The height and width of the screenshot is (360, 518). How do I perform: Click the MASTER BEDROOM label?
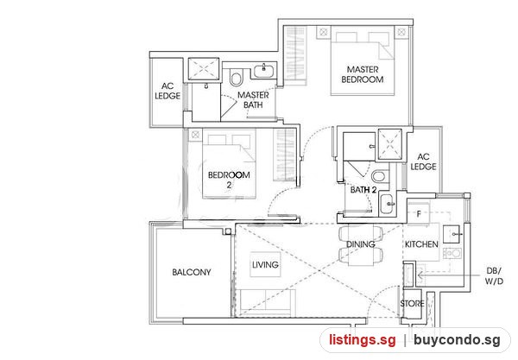pyautogui.click(x=363, y=74)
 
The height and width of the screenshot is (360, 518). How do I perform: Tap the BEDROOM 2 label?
pyautogui.click(x=229, y=180)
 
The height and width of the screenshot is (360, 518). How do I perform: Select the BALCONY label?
pyautogui.click(x=192, y=272)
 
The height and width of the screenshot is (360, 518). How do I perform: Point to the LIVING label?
pyautogui.click(x=265, y=264)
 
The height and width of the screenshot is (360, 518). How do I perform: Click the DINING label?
pyautogui.click(x=360, y=244)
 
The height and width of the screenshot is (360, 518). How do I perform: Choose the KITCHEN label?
pyautogui.click(x=421, y=244)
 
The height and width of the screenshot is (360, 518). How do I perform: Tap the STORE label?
pyautogui.click(x=412, y=304)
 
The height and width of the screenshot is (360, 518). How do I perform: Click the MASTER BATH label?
pyautogui.click(x=253, y=100)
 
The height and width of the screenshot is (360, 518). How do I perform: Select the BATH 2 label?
pyautogui.click(x=363, y=190)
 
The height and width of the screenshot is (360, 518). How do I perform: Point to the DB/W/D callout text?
pyautogui.click(x=494, y=276)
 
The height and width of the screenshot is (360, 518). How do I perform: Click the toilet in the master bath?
pyautogui.click(x=236, y=77)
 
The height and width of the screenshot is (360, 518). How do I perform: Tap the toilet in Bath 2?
pyautogui.click(x=380, y=176)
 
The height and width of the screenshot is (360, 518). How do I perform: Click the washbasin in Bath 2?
pyautogui.click(x=387, y=204)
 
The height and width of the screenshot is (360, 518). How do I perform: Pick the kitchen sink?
pyautogui.click(x=453, y=234)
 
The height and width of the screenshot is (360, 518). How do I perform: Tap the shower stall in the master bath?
pyautogui.click(x=204, y=69)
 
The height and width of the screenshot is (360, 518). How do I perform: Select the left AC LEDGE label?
pyautogui.click(x=167, y=92)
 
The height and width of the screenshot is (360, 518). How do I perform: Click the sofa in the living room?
pyautogui.click(x=268, y=302)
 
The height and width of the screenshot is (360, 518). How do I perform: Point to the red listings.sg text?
pyautogui.click(x=362, y=340)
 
